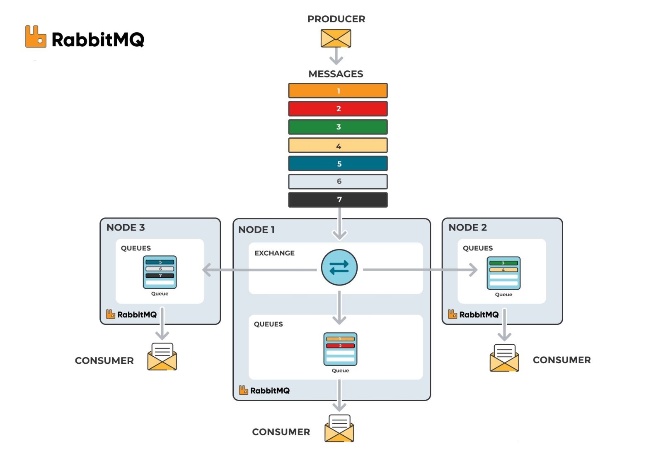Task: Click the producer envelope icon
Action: point(336,38)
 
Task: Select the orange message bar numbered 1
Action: point(338,91)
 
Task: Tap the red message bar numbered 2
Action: point(338,109)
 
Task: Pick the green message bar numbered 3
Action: point(338,127)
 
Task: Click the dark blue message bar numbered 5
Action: point(338,163)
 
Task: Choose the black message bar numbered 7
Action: point(338,199)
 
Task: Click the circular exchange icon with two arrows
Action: point(339,267)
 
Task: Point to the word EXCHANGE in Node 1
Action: point(274,253)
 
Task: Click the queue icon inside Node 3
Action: point(160,272)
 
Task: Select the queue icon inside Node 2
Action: point(503,273)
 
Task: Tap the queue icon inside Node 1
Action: point(340,349)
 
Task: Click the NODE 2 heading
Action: point(467,228)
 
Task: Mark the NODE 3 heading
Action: point(126,228)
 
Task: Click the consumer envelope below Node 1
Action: point(339,428)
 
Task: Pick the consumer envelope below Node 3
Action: point(162,357)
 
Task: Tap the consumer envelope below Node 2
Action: point(504,358)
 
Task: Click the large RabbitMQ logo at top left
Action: point(85,38)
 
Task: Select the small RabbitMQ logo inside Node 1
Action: point(264,390)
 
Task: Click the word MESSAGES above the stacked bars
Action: point(336,74)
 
